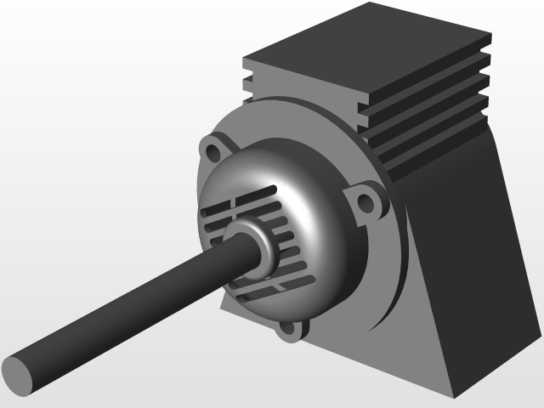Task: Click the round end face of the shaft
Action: tap(18, 374)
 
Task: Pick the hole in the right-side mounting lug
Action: tap(367, 202)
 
